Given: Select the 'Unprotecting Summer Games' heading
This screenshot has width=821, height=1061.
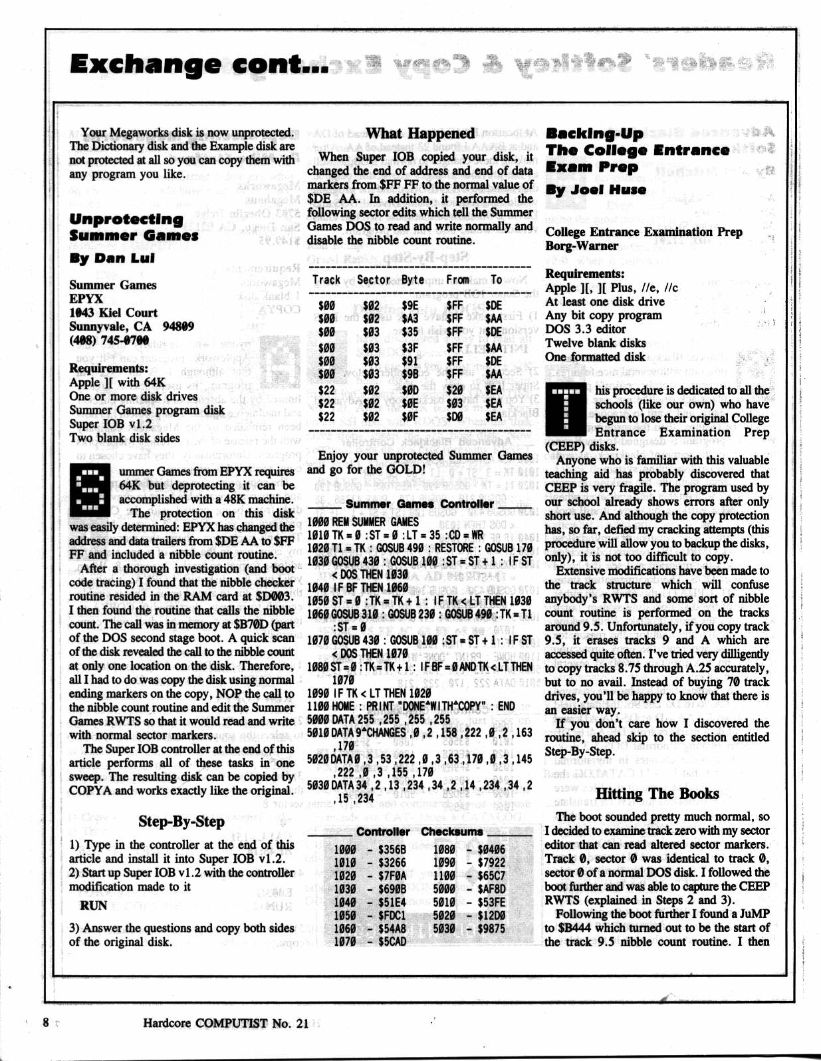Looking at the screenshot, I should coord(133,227).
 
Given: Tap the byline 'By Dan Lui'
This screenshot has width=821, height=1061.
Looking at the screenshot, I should coord(112,258).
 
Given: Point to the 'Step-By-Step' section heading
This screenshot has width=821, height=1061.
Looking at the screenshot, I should coord(181,822).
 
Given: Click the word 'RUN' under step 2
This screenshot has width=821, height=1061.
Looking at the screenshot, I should coord(93,905).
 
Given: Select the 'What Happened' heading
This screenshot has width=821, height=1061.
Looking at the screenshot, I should coord(420,133).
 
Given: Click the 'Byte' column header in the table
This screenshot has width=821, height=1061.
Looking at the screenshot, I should coord(412,280).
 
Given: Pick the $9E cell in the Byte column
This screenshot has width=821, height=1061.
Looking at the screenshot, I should coord(410,305).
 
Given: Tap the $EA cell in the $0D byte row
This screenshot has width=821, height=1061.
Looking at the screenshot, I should coord(493,390).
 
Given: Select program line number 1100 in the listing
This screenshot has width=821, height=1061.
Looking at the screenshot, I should coord(317,706).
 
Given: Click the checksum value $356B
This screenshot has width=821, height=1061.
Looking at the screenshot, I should coord(392,849).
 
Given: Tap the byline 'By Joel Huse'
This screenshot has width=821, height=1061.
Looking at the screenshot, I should coord(596,190).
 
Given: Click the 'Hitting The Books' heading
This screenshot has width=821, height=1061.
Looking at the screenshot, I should coord(657,794).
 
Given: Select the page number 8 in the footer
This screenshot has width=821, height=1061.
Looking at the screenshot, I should coord(46,1022).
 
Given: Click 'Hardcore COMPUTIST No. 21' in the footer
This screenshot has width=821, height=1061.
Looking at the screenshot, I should coord(226,1023).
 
